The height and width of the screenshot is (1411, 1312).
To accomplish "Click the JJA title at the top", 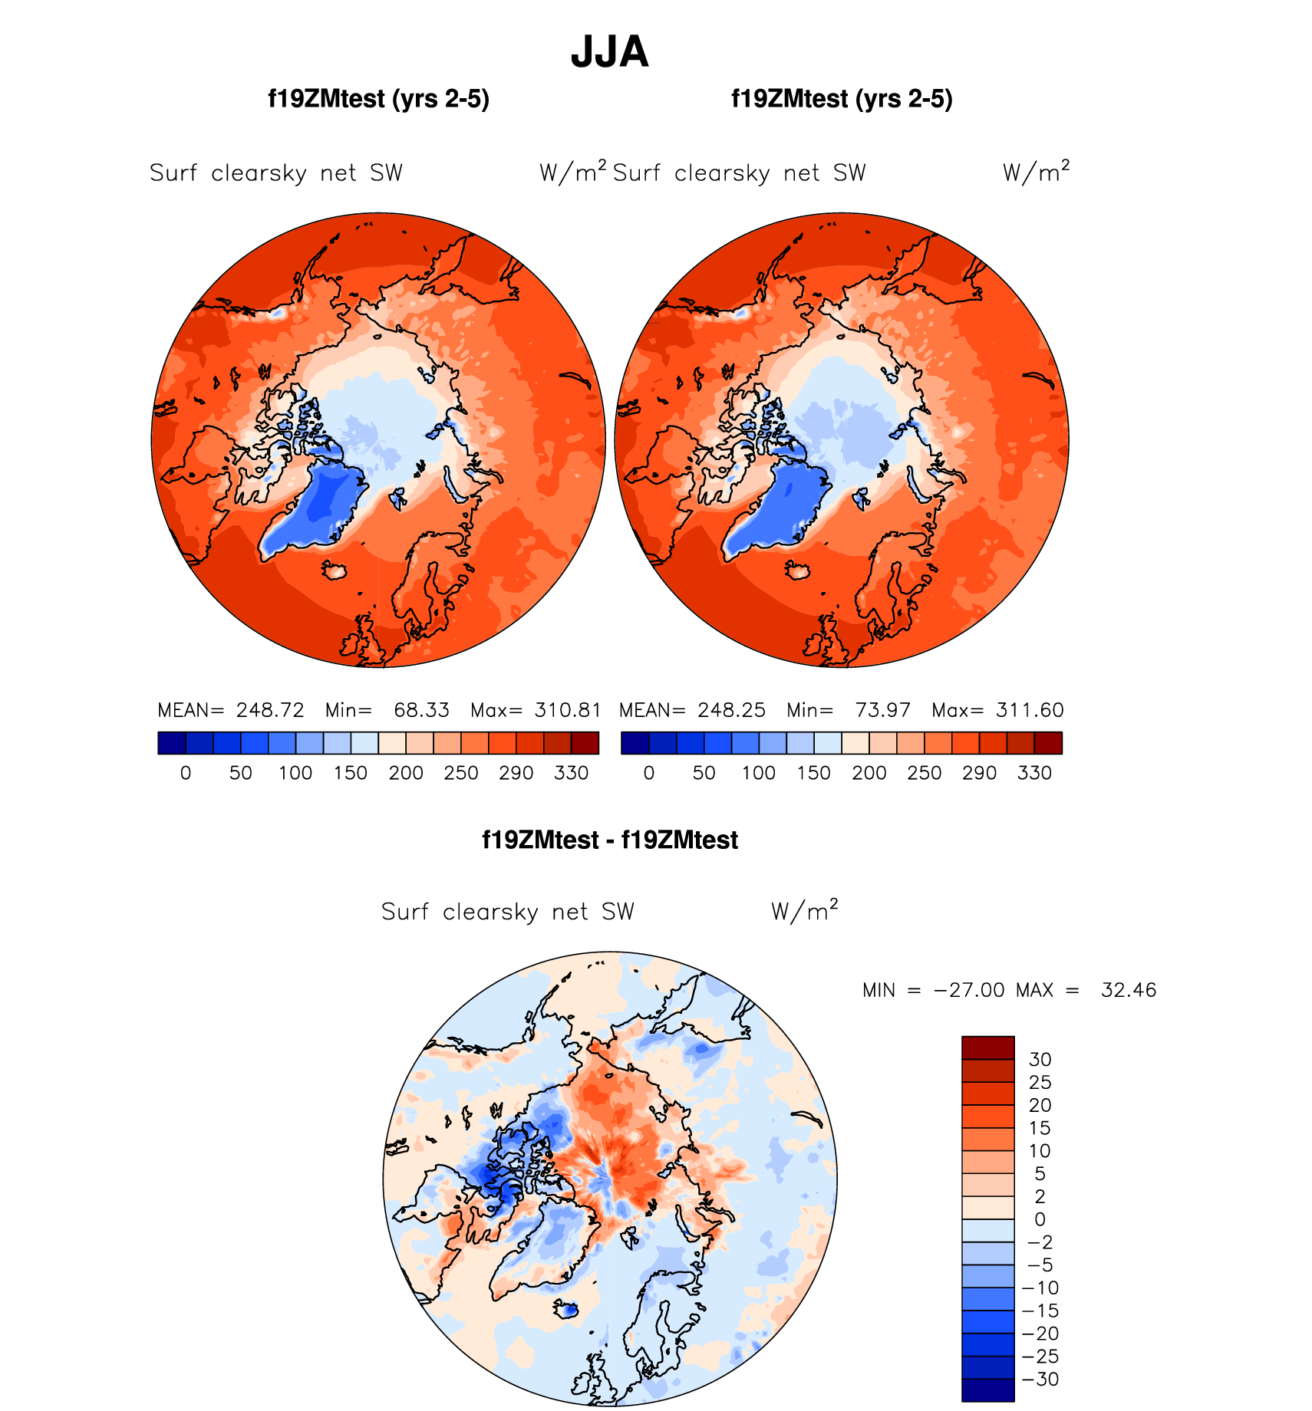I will [610, 52].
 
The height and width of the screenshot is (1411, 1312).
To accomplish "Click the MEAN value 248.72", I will [270, 710].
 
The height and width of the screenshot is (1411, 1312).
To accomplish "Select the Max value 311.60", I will [1030, 710].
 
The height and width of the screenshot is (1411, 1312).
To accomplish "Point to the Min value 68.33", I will [421, 710].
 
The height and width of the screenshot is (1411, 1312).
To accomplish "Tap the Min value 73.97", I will [882, 710].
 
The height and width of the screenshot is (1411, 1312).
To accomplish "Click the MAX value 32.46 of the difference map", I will [1128, 990].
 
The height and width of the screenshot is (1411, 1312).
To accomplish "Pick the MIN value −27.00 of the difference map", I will [968, 990].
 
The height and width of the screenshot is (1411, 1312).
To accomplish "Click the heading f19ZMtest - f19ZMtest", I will [610, 840].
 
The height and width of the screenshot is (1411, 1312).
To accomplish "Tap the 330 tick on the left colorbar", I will [571, 773].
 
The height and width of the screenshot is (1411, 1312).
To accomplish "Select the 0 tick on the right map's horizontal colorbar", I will [649, 773].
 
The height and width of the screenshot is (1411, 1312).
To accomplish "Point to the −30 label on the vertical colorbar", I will [1040, 1379].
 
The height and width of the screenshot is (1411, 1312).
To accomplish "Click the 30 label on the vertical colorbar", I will [1040, 1060].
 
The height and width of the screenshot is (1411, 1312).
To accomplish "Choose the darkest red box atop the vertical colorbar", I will [988, 1048].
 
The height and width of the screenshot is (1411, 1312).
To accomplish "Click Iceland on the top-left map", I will [335, 570].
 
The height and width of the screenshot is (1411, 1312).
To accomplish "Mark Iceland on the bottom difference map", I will [567, 1310].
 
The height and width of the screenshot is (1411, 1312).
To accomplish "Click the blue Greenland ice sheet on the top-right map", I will [775, 506].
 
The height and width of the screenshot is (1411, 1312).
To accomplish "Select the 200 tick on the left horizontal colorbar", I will [406, 773].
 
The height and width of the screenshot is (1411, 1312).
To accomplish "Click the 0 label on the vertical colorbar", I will [1040, 1219].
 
